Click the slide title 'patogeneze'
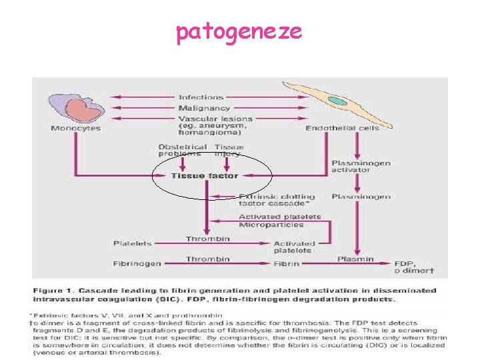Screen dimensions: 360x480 (x=239, y=31)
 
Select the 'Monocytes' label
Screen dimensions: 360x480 (x=75, y=128)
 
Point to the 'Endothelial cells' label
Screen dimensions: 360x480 (x=342, y=128)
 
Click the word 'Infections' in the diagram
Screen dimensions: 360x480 (x=201, y=97)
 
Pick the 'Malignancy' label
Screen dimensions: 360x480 (x=204, y=108)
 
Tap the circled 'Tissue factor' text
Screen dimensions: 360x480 (x=204, y=176)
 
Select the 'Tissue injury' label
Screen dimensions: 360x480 (x=229, y=150)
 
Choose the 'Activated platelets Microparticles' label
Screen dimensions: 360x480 (x=279, y=221)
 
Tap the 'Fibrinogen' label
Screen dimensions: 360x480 (x=137, y=263)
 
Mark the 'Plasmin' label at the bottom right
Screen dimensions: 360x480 (x=355, y=259)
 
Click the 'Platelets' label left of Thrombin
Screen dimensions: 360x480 (x=132, y=243)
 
